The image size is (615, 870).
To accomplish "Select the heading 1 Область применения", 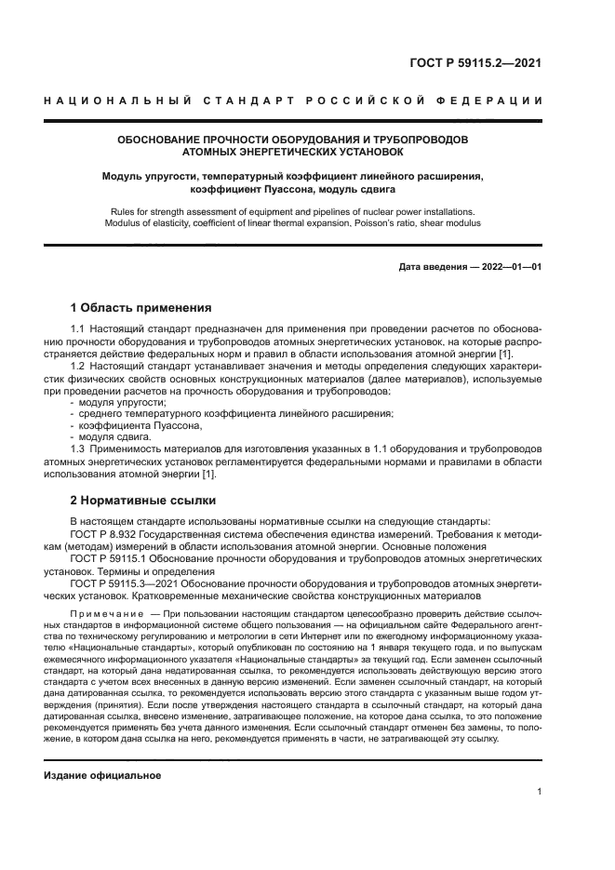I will click(x=141, y=308).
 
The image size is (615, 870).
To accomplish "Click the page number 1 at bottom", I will click(x=539, y=792).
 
